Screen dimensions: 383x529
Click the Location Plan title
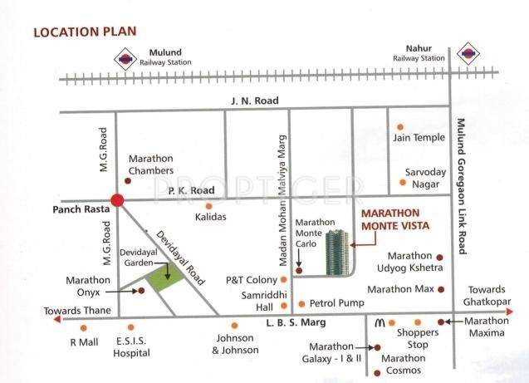point(85,32)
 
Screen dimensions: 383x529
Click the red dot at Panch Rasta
point(117,200)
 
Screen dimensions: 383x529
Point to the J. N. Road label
point(254,101)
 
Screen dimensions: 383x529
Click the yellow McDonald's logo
point(378,322)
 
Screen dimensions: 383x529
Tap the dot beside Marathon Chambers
point(127,179)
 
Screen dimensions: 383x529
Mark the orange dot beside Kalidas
point(208,205)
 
